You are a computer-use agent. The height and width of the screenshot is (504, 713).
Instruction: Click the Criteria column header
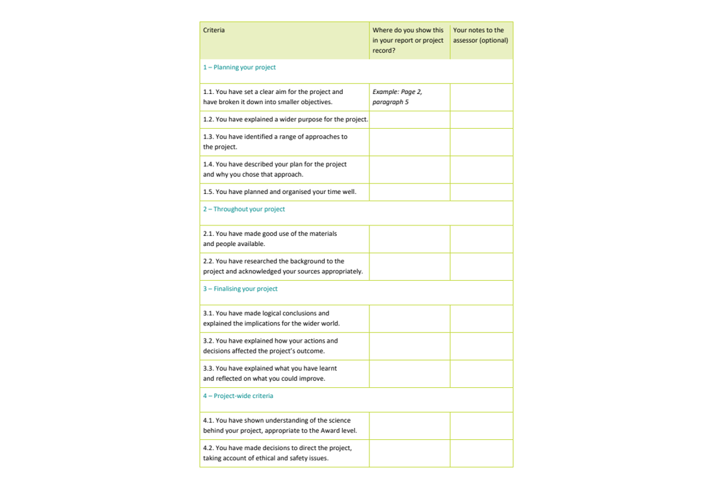click(214, 30)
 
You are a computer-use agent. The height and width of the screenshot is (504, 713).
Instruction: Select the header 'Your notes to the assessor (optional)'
click(480, 35)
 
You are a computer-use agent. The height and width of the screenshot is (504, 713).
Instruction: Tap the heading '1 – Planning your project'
click(239, 67)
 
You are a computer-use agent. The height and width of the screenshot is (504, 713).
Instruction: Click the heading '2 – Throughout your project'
click(244, 209)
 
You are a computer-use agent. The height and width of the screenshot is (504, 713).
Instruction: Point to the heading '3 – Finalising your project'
click(240, 289)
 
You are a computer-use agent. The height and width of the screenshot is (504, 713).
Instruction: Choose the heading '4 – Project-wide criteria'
click(238, 396)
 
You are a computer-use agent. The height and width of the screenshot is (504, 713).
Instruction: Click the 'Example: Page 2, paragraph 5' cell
click(398, 97)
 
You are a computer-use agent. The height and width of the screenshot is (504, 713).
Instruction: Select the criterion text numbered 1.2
click(285, 120)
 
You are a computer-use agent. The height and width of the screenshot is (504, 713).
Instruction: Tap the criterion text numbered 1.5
click(279, 192)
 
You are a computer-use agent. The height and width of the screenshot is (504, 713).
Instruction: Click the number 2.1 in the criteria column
click(209, 234)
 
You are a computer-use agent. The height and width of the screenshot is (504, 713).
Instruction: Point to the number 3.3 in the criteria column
click(209, 368)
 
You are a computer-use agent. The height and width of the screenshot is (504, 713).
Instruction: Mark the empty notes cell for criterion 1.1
click(481, 97)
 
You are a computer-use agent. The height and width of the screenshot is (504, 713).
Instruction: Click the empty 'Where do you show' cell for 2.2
click(409, 267)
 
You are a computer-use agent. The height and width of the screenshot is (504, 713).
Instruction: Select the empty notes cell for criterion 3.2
click(481, 346)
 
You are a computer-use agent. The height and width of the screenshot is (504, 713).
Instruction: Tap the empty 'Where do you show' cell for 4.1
click(409, 426)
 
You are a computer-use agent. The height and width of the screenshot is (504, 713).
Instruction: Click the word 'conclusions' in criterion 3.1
click(299, 313)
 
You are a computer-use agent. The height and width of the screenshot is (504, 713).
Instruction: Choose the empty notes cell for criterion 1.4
click(481, 169)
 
